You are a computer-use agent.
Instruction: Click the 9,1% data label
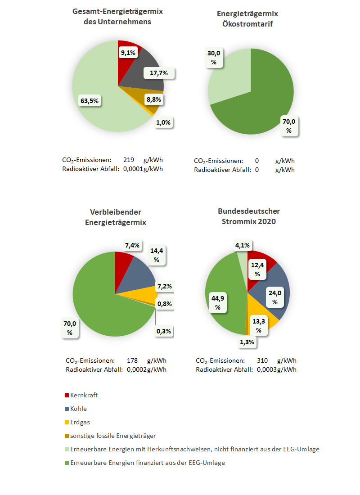(128, 53)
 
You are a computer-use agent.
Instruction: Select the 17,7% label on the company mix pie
(159, 73)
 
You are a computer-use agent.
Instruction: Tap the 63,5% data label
(90, 101)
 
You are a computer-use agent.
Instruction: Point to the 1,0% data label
(163, 122)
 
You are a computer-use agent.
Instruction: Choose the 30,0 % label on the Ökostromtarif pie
(214, 58)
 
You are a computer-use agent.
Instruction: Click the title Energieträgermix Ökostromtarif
(247, 18)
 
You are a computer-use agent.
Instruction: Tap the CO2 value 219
(129, 160)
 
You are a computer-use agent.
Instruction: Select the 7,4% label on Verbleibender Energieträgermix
(132, 245)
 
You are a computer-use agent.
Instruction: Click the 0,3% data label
(164, 331)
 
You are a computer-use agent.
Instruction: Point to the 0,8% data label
(165, 304)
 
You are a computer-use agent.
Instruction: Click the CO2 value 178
(132, 360)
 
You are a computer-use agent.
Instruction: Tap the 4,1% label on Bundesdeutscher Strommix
(243, 245)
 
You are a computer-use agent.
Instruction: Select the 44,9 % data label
(218, 303)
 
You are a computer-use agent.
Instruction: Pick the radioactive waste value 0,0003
(266, 369)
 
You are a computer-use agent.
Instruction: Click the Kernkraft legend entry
(81, 395)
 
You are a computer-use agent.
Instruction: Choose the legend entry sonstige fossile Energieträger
(110, 436)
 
